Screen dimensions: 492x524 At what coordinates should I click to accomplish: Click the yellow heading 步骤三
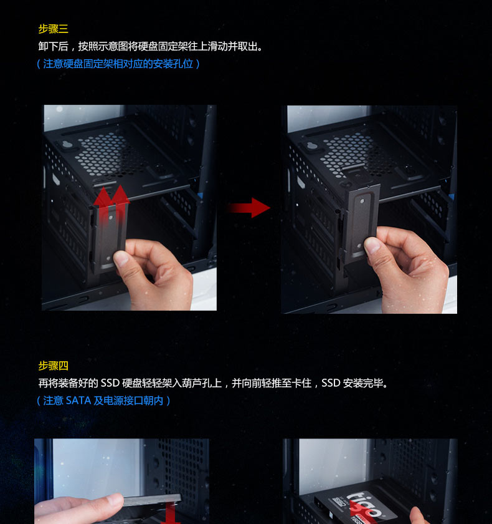click(x=54, y=29)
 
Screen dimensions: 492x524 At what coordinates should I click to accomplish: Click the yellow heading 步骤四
click(x=54, y=366)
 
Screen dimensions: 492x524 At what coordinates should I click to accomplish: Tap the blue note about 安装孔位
click(x=118, y=64)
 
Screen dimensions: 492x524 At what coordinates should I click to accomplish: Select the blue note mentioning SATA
click(x=103, y=400)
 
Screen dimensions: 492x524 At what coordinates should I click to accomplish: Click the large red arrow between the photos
click(x=248, y=208)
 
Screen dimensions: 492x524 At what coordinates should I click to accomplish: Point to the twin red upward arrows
click(x=111, y=204)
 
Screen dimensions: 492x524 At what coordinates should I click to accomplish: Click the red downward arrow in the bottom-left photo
click(x=171, y=513)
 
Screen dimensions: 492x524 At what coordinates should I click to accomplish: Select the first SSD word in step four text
click(x=110, y=383)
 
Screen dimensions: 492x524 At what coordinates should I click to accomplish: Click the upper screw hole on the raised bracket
click(x=363, y=201)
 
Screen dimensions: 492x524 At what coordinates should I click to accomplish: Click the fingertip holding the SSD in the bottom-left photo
click(x=115, y=500)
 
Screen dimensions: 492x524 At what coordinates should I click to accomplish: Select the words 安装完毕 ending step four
click(x=363, y=383)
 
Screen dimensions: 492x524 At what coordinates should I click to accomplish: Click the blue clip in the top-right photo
click(x=451, y=196)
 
